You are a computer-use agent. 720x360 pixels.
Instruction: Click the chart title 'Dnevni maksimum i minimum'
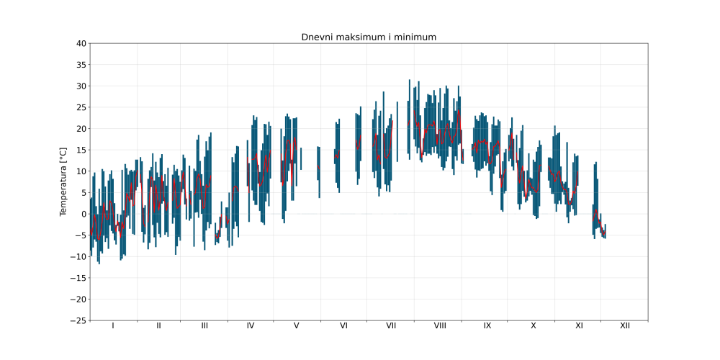pyautogui.click(x=369, y=37)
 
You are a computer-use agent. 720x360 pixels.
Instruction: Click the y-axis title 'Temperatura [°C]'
pyautogui.click(x=63, y=181)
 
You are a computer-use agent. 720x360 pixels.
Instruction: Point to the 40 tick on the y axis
pyautogui.click(x=81, y=44)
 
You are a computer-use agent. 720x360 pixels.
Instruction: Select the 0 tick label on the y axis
pyautogui.click(x=84, y=214)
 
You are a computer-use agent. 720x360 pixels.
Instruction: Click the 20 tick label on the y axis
pyautogui.click(x=81, y=129)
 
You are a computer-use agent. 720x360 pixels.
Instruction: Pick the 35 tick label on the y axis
pyautogui.click(x=81, y=65)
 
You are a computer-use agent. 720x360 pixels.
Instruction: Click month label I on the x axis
pyautogui.click(x=113, y=326)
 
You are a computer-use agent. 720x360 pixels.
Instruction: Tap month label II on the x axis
pyautogui.click(x=158, y=326)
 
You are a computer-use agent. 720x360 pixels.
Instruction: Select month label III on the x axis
pyautogui.click(x=204, y=326)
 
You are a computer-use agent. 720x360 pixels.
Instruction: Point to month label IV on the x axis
pyautogui.click(x=251, y=326)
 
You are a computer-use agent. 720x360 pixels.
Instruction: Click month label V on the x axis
pyautogui.click(x=297, y=326)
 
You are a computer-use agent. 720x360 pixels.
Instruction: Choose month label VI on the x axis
pyautogui.click(x=343, y=326)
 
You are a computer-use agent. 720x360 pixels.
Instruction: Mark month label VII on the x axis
pyautogui.click(x=391, y=326)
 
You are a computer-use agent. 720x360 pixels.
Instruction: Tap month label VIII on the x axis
pyautogui.click(x=440, y=326)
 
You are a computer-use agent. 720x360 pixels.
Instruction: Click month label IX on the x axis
pyautogui.click(x=487, y=326)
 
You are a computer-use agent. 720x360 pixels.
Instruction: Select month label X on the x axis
pyautogui.click(x=534, y=326)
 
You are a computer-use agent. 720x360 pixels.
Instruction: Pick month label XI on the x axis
pyautogui.click(x=579, y=326)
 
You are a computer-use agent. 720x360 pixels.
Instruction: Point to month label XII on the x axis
pyautogui.click(x=625, y=326)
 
